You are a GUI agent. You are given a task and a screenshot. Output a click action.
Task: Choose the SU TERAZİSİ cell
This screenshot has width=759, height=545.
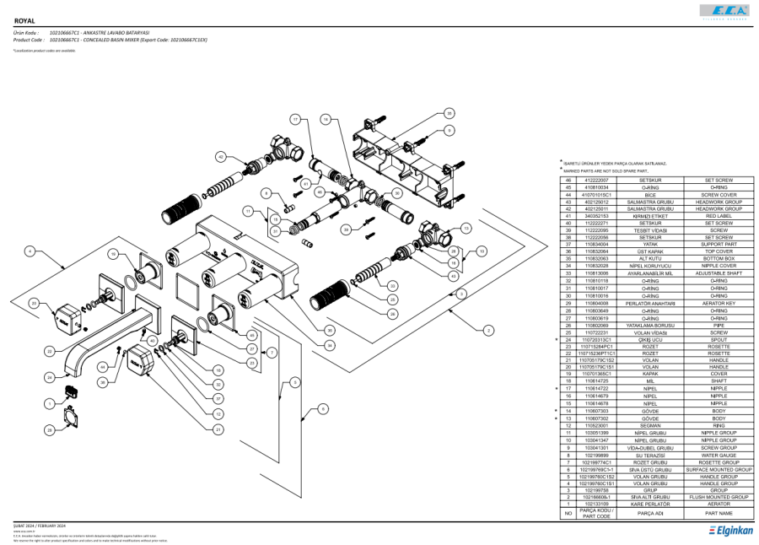[649, 455]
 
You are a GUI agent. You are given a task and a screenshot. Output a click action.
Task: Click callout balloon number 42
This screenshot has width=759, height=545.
[221, 156]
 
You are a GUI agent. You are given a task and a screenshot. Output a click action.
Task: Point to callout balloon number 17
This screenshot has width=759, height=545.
[295, 120]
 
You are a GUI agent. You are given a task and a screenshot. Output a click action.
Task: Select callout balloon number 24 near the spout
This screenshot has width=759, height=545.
[51, 377]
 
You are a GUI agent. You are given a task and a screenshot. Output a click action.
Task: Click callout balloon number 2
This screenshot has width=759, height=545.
[488, 331]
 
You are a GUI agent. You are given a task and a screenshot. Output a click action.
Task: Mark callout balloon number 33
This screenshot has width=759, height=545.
[393, 286]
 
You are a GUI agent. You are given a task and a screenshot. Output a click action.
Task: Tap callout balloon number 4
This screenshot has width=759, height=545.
[30, 251]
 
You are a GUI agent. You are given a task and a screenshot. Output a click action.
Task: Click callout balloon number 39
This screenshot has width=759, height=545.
[346, 229]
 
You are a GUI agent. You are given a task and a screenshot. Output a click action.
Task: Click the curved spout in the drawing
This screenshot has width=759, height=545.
[93, 354]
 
